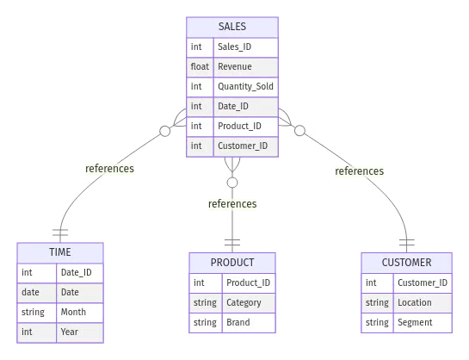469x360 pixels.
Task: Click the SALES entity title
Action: click(x=232, y=28)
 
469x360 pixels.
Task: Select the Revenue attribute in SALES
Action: click(x=234, y=67)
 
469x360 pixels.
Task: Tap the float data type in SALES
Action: click(x=201, y=67)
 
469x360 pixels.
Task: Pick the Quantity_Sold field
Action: click(x=245, y=87)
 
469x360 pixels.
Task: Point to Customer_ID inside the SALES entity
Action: click(x=243, y=146)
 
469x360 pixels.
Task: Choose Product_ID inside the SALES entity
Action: click(x=239, y=127)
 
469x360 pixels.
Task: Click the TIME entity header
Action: click(x=60, y=253)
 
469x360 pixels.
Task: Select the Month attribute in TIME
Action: click(x=74, y=312)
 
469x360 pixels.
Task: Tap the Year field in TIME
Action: click(x=71, y=332)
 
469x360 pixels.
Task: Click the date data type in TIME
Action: click(x=31, y=292)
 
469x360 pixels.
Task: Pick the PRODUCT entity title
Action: click(x=232, y=263)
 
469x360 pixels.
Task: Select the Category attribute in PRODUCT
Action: click(x=244, y=302)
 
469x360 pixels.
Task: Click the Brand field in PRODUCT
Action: click(x=238, y=322)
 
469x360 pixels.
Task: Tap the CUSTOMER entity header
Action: click(x=407, y=263)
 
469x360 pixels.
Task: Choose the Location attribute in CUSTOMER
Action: click(x=415, y=302)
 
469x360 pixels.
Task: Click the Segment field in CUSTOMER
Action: click(x=415, y=322)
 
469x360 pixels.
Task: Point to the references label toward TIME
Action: click(x=109, y=169)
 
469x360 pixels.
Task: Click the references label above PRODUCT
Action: click(x=232, y=204)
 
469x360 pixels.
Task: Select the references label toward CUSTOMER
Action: click(x=358, y=171)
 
